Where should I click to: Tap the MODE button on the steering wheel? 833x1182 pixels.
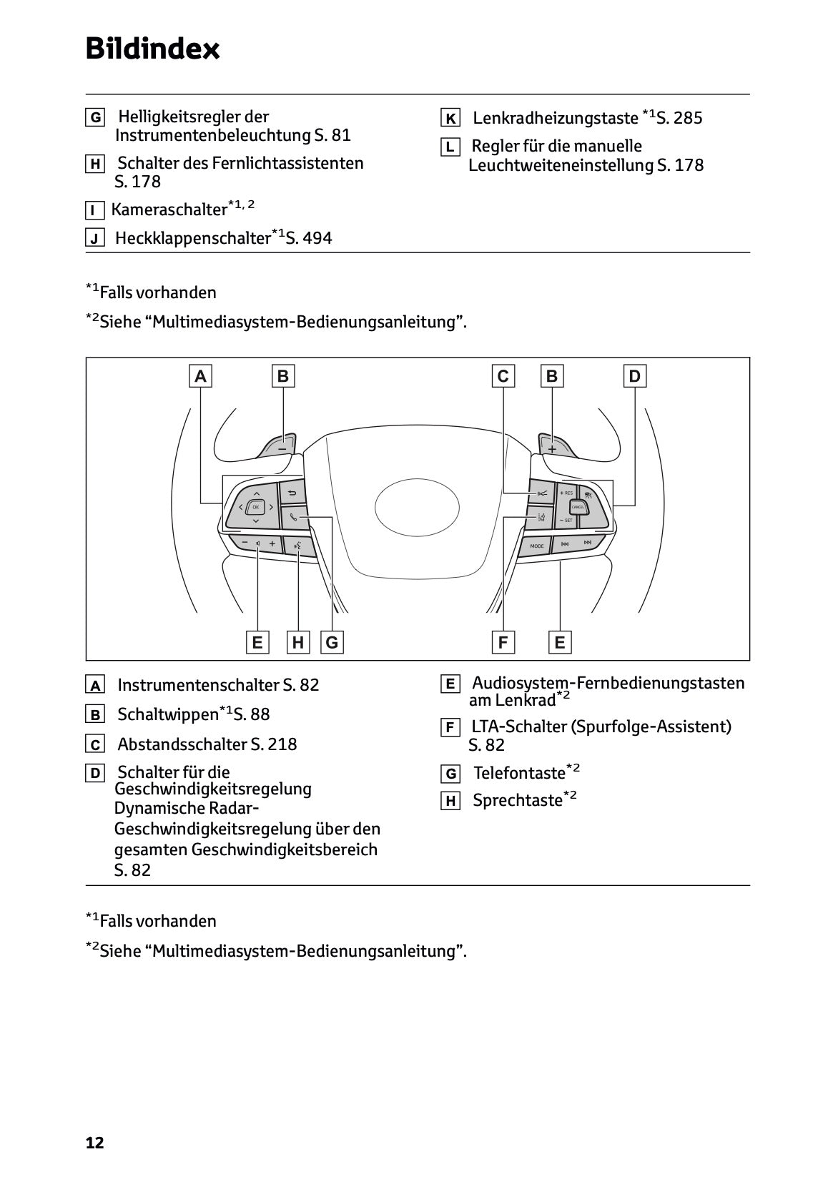click(537, 546)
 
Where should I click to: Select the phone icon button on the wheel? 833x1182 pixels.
click(294, 517)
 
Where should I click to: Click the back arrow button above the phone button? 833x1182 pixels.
click(292, 493)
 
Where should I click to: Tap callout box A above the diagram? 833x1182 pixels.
click(201, 376)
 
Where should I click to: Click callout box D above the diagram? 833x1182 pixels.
click(634, 376)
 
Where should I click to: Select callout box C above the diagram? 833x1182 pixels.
click(503, 376)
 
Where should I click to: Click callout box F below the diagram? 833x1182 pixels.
click(503, 642)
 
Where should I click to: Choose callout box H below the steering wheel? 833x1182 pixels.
click(297, 642)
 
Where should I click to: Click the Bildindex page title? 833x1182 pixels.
click(152, 49)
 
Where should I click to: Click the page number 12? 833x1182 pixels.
click(94, 1143)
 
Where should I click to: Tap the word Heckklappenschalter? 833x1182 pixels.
click(192, 239)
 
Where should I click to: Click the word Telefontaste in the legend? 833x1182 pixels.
click(519, 773)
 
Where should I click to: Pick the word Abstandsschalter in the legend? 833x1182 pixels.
click(182, 744)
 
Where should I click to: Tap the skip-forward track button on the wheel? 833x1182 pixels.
click(588, 544)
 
